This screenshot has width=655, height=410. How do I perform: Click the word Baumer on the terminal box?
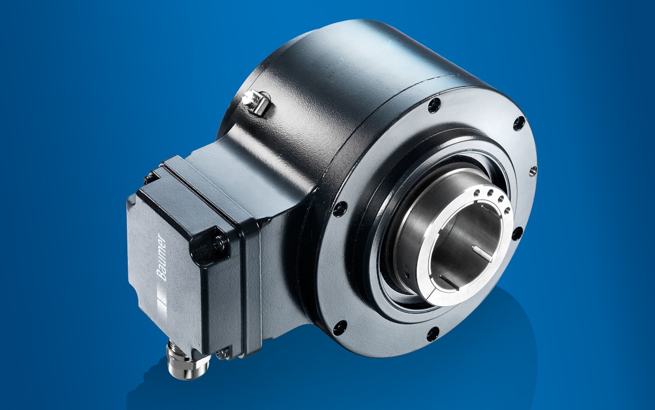(160, 257)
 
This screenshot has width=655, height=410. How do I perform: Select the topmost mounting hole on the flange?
(434, 104)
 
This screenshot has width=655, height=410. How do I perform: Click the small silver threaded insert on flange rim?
(532, 171)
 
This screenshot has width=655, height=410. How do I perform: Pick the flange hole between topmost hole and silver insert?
(519, 123)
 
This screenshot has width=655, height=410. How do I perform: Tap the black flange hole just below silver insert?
(516, 233)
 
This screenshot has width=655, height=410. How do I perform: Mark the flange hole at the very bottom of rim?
(432, 333)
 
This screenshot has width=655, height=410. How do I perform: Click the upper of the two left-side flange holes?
(340, 208)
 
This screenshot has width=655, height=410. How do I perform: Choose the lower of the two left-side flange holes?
(340, 327)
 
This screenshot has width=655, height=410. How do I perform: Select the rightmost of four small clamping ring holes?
(507, 210)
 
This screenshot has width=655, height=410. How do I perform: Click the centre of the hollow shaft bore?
(464, 241)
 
